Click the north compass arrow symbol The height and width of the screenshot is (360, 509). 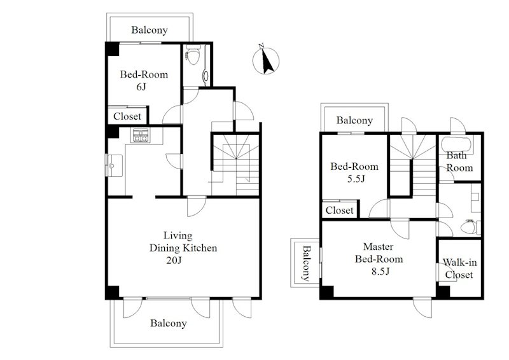tap(266, 60)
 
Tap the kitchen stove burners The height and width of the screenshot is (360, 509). tap(140, 135)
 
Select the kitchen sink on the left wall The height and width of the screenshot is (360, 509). tap(114, 165)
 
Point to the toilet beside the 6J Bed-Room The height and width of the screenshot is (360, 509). tap(193, 56)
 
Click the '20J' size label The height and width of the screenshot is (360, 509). tap(174, 260)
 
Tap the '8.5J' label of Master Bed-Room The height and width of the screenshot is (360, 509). tap(380, 271)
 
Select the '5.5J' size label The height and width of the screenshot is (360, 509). tap(356, 179)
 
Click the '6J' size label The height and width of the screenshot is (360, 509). tap(141, 87)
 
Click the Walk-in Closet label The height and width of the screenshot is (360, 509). tap(459, 268)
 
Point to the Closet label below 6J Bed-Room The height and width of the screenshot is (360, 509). tap(127, 116)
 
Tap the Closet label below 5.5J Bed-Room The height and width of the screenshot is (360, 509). tap(340, 211)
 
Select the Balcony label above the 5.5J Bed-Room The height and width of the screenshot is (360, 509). tap(354, 120)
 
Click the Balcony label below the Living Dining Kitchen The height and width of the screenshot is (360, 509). tap(169, 323)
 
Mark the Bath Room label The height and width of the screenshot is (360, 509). tap(459, 162)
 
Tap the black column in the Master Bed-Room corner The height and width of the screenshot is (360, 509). tap(327, 292)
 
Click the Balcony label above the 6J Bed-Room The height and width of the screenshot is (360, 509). tap(150, 30)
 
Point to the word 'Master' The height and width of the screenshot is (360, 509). tap(378, 247)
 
